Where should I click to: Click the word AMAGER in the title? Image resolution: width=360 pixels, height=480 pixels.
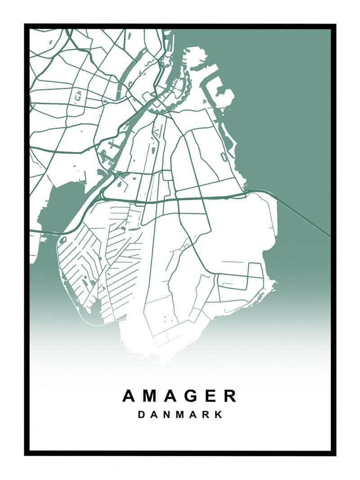pyautogui.click(x=180, y=396)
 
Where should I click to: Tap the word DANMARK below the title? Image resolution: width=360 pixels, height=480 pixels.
pyautogui.click(x=180, y=414)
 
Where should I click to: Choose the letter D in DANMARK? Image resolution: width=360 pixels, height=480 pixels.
pyautogui.click(x=141, y=414)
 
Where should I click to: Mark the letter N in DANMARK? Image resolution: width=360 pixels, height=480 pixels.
pyautogui.click(x=167, y=414)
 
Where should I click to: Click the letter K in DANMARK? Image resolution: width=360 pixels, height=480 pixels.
pyautogui.click(x=219, y=414)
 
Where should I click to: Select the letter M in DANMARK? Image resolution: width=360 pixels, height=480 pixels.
pyautogui.click(x=181, y=414)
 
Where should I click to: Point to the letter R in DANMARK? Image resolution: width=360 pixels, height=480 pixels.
pyautogui.click(x=207, y=414)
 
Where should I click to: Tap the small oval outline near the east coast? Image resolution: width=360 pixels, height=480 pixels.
pyautogui.click(x=223, y=156)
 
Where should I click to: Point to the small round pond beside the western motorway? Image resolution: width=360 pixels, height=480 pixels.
pyautogui.click(x=63, y=240)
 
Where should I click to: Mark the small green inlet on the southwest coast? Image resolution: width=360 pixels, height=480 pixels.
pyautogui.click(x=96, y=308)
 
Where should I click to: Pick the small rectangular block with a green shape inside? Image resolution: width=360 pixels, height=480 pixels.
pyautogui.click(x=79, y=96)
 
